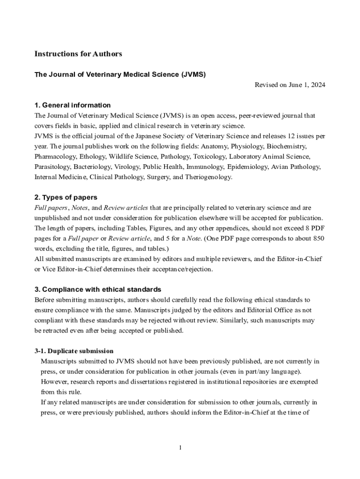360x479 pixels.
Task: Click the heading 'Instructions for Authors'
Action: pyautogui.click(x=78, y=54)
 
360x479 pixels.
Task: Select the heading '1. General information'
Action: pyautogui.click(x=72, y=105)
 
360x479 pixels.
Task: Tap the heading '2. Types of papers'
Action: pyautogui.click(x=66, y=197)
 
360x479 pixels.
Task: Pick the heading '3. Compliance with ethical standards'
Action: pyautogui.click(x=98, y=290)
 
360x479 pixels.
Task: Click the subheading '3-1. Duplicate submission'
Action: pyautogui.click(x=74, y=351)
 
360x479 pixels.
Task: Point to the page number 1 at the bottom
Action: pyautogui.click(x=180, y=448)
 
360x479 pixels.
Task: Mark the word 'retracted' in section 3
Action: pyautogui.click(x=57, y=330)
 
